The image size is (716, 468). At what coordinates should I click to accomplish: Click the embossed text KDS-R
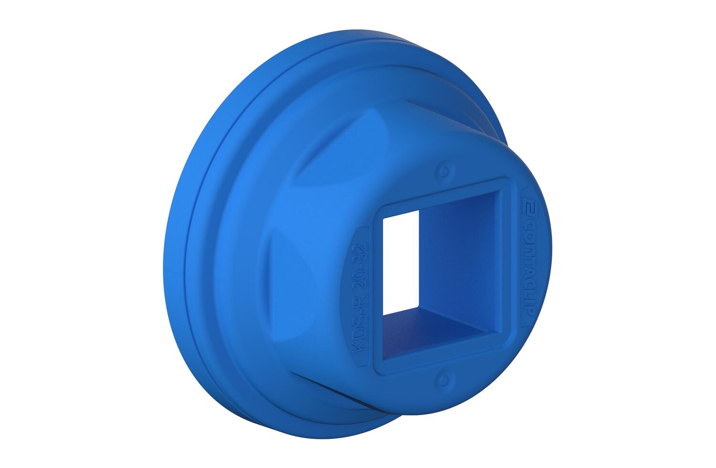[x=358, y=331]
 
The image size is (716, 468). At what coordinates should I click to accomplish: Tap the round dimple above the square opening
[x=444, y=171]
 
